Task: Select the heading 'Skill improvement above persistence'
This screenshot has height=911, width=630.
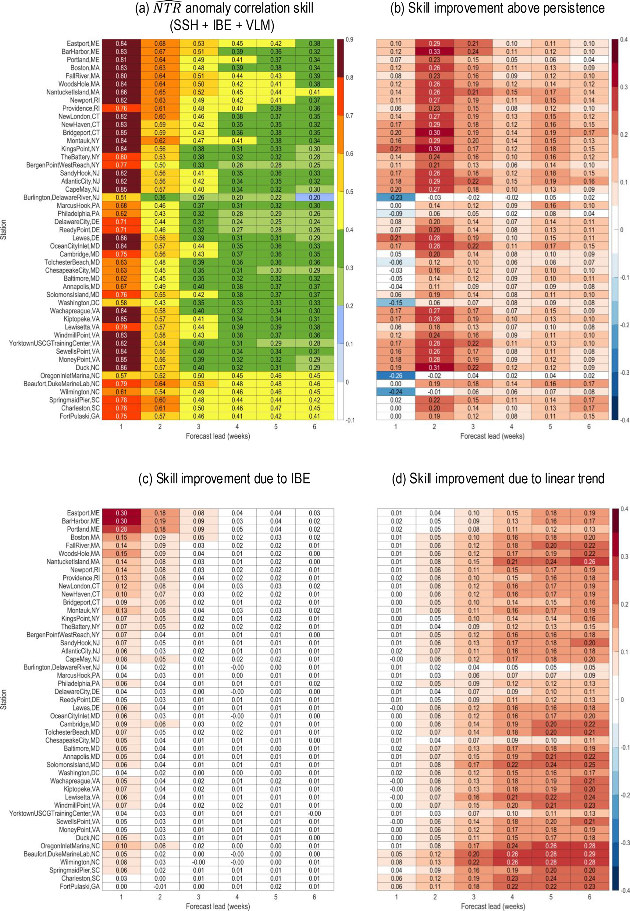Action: pos(497,8)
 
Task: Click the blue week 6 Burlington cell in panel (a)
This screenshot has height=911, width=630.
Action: pos(315,197)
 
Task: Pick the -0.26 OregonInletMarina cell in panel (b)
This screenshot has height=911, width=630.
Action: pos(396,376)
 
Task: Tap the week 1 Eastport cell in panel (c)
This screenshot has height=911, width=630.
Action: pos(121,513)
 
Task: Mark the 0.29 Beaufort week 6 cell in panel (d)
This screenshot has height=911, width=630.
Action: pos(589,854)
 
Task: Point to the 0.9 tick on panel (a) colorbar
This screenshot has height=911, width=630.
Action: pos(349,39)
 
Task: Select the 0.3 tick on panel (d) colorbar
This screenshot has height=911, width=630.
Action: pos(624,556)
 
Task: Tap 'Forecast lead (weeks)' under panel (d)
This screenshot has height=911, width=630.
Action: pos(493,906)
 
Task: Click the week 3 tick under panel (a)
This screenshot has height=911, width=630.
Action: pos(198,427)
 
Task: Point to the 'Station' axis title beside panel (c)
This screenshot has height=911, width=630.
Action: pos(4,700)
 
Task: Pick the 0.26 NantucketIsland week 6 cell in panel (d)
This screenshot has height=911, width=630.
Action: pos(589,562)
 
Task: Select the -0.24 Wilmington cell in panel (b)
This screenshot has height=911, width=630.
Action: pos(396,392)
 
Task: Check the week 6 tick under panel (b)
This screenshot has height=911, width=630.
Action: pos(589,427)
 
